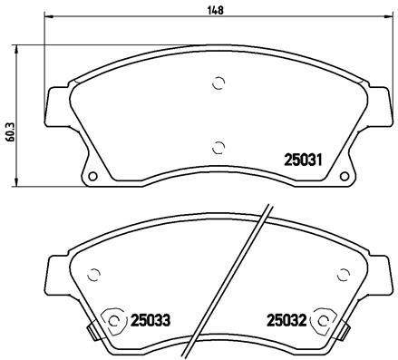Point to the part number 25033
(x=150, y=319)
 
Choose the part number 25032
(x=285, y=319)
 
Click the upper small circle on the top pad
(x=217, y=83)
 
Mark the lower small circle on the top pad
(x=217, y=148)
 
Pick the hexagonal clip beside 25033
(x=113, y=320)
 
